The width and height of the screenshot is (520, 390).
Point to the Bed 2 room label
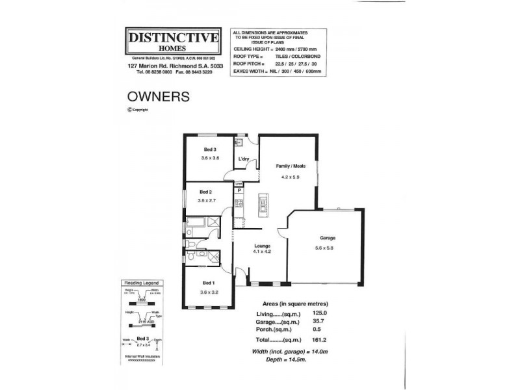click(x=205, y=192)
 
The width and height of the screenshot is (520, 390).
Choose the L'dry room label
click(x=244, y=159)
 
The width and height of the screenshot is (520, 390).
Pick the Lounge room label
click(x=263, y=245)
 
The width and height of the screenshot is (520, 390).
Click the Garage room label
click(x=327, y=238)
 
